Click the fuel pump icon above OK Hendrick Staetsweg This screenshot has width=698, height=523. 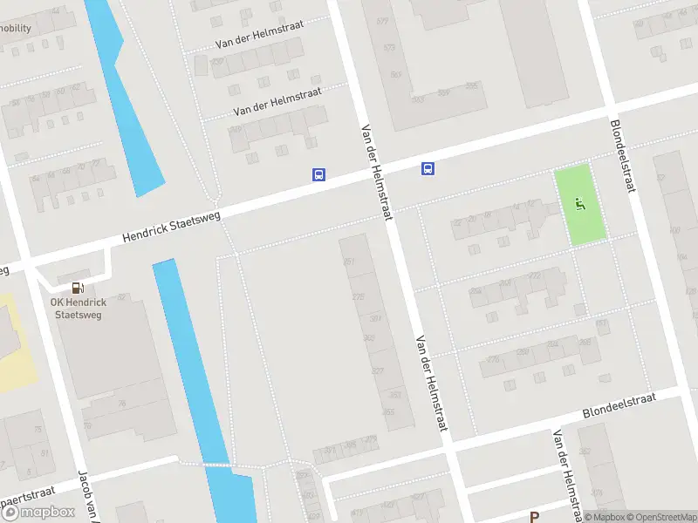pos(78,288)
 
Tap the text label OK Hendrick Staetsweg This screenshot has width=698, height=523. pos(78,309)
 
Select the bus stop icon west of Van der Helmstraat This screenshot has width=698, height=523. pos(318,174)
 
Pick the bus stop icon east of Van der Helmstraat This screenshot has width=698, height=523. pos(428,168)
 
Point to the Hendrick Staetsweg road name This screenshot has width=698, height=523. pos(172,225)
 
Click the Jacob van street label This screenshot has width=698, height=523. pos(87,496)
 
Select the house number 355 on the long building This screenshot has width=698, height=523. pos(388,411)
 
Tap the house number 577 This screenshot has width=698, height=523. pos(381,21)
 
